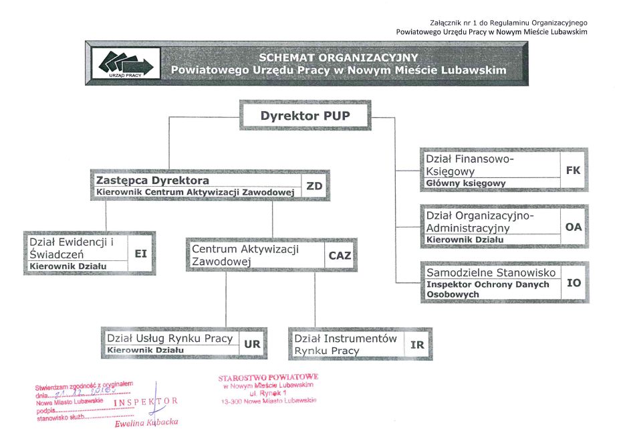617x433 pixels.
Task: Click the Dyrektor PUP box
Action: tap(305, 116)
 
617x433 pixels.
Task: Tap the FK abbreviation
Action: tap(573, 170)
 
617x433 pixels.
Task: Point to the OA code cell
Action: tap(574, 227)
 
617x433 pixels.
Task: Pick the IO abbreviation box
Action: tap(574, 283)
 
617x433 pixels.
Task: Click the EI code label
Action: tap(140, 254)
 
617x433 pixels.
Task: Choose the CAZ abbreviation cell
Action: tap(339, 255)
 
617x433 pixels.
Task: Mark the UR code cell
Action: tap(252, 344)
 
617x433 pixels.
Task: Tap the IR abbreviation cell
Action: tap(417, 345)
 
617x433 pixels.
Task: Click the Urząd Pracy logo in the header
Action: tap(126, 64)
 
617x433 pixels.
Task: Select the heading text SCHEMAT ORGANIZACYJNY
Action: tap(338, 57)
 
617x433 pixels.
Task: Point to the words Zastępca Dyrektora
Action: tap(153, 181)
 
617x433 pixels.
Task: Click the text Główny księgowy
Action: tap(466, 183)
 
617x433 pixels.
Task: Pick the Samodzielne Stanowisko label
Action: tap(491, 272)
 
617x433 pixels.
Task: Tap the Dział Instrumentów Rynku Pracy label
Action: tap(346, 345)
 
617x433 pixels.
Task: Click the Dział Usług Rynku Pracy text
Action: tap(170, 339)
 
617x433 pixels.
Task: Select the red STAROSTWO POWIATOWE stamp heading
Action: tap(268, 377)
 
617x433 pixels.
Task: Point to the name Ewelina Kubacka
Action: tap(146, 423)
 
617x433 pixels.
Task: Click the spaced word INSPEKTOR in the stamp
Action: tap(146, 402)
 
